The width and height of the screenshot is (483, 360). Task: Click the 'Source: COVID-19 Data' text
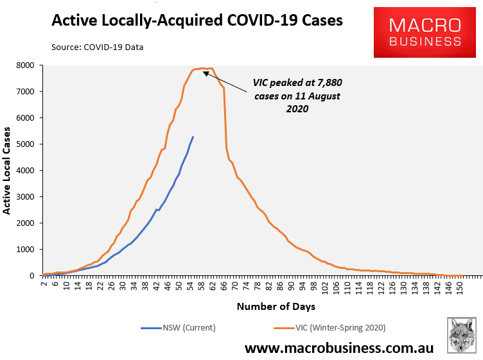coord(98,47)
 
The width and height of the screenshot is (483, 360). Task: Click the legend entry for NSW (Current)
coord(178,328)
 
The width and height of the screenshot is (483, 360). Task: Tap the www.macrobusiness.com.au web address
coord(338,348)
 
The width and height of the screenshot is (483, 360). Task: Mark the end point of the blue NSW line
coord(193,137)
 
